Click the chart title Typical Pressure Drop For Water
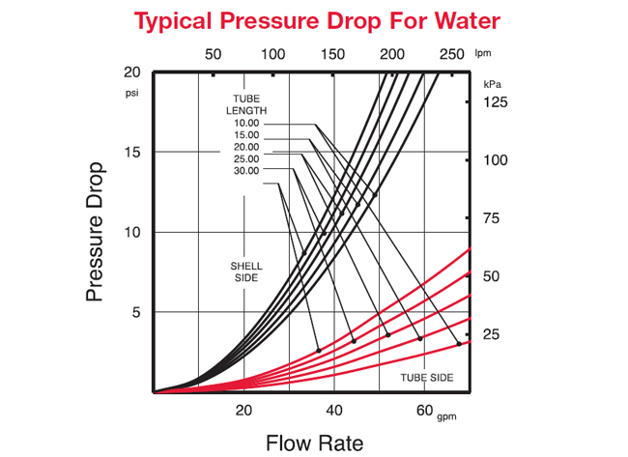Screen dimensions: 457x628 click(317, 20)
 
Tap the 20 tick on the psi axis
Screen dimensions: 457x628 click(132, 72)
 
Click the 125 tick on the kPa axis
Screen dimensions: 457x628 click(496, 101)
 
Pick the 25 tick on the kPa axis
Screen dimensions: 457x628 click(491, 334)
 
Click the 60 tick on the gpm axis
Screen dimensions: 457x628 click(425, 410)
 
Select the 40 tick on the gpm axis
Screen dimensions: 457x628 click(334, 410)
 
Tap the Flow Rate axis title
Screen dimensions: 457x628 click(315, 443)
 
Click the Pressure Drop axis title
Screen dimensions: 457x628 click(95, 232)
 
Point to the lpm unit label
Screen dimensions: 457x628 click(483, 54)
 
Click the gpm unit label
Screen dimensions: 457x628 click(445, 416)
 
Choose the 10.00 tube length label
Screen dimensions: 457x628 click(245, 123)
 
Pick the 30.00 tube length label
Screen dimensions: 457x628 click(245, 171)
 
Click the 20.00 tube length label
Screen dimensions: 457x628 click(245, 147)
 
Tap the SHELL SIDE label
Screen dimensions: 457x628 click(245, 271)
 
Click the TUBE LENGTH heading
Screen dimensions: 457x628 click(245, 104)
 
